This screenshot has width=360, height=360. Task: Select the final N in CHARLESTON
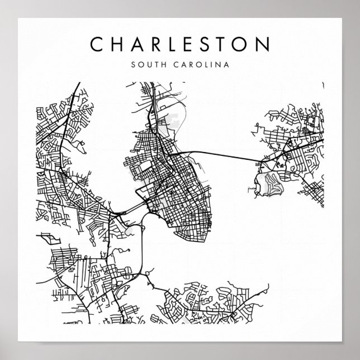(x=264, y=44)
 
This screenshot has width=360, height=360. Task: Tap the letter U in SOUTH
(x=146, y=64)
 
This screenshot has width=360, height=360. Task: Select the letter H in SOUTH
(x=162, y=64)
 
